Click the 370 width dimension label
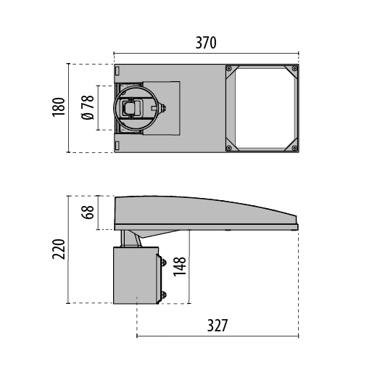[206, 43]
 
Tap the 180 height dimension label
[59, 107]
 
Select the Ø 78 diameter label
[88, 107]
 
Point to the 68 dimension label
[88, 212]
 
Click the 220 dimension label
[59, 249]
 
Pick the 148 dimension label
[179, 266]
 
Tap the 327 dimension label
[218, 326]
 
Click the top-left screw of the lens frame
[229, 69]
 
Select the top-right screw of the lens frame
[294, 69]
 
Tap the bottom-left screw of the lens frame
[229, 148]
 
